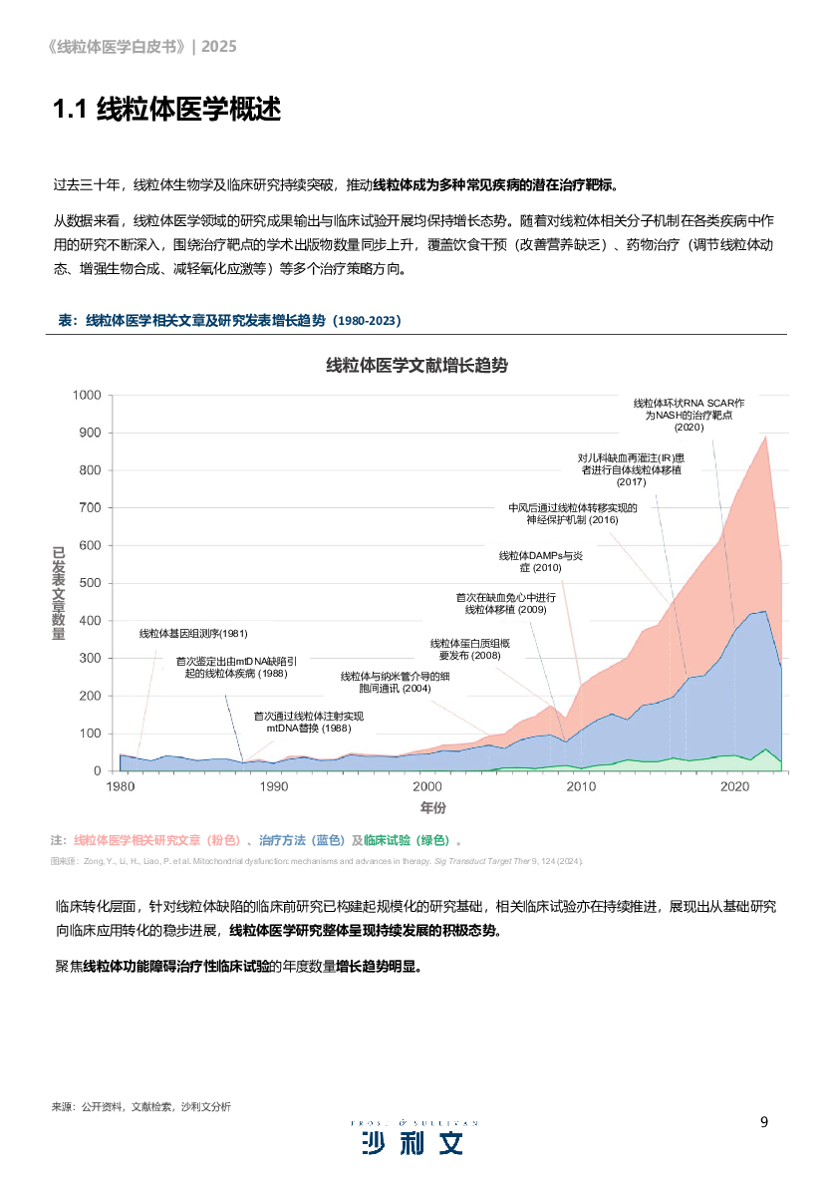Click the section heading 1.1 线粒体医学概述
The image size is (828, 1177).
166,110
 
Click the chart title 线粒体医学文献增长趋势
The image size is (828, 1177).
416,366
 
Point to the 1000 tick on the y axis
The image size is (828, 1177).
88,396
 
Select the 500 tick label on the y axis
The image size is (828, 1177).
91,583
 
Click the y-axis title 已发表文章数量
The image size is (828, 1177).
59,594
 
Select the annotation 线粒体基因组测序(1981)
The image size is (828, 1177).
193,633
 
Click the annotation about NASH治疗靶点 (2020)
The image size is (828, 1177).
689,415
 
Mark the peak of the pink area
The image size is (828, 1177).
765,437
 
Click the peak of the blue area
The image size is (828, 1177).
764,611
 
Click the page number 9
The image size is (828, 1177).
764,1121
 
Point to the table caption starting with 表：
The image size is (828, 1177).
230,320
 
